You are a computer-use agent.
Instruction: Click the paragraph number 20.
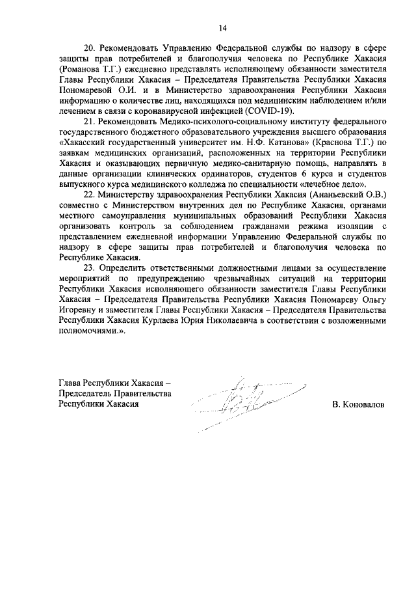[x=90, y=48]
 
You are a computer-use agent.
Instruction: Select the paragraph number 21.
[x=90, y=120]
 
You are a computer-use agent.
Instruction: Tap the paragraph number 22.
[x=90, y=195]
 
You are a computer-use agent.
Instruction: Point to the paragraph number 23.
[x=90, y=268]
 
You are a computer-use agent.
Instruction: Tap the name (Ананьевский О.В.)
[x=350, y=195]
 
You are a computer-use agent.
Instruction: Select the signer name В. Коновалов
[x=357, y=404]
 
